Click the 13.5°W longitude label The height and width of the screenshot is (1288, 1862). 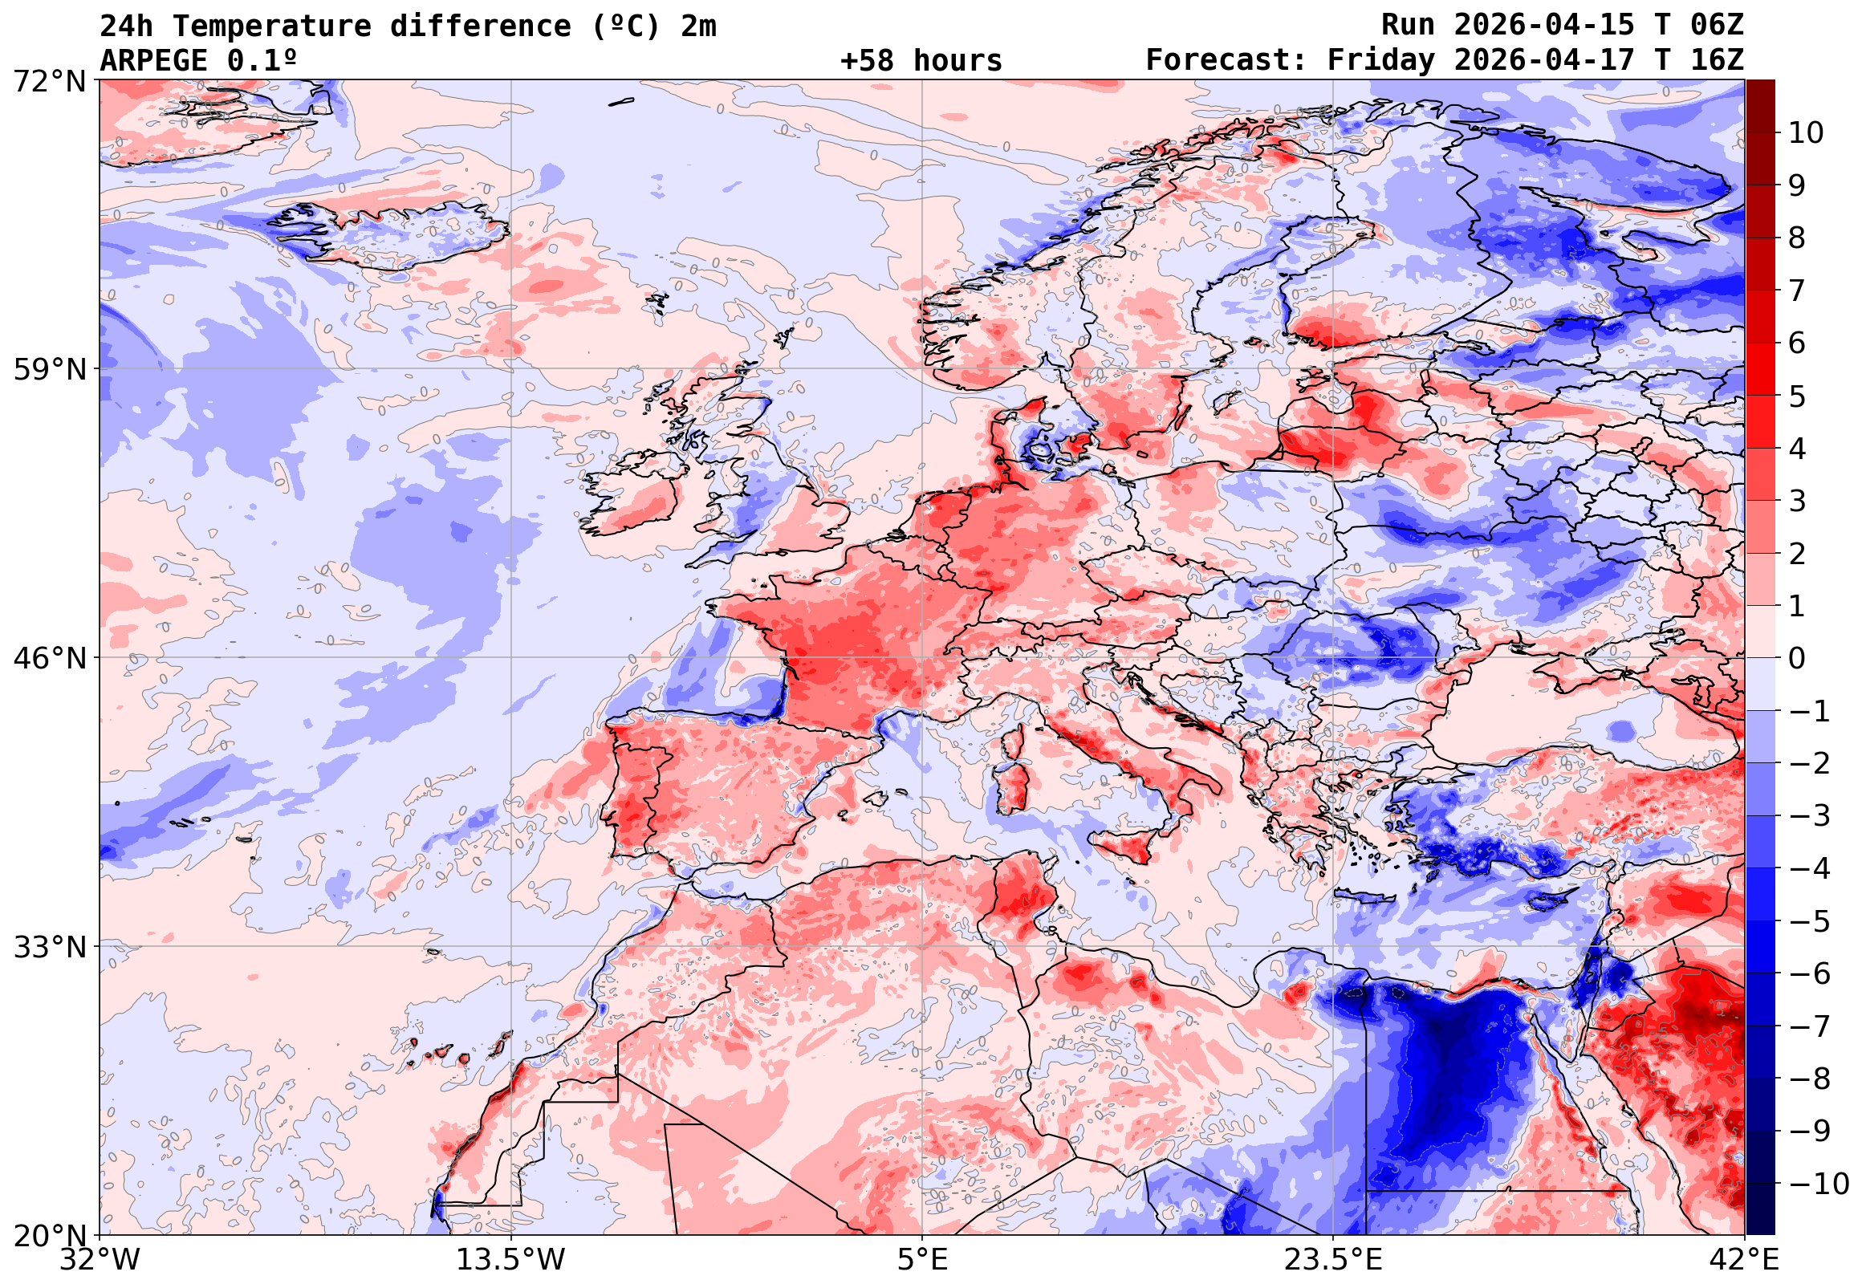pyautogui.click(x=512, y=1260)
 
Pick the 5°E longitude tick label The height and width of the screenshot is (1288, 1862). pyautogui.click(x=922, y=1260)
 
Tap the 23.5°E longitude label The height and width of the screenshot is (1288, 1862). pyautogui.click(x=1333, y=1260)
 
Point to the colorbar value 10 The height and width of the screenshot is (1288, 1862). pyautogui.click(x=1806, y=133)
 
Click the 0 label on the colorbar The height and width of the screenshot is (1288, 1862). pyautogui.click(x=1797, y=659)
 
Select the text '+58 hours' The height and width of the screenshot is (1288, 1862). pyautogui.click(x=921, y=60)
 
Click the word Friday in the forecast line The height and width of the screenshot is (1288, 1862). pyautogui.click(x=1381, y=60)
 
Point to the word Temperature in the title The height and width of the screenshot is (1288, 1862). pyautogui.click(x=271, y=26)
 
